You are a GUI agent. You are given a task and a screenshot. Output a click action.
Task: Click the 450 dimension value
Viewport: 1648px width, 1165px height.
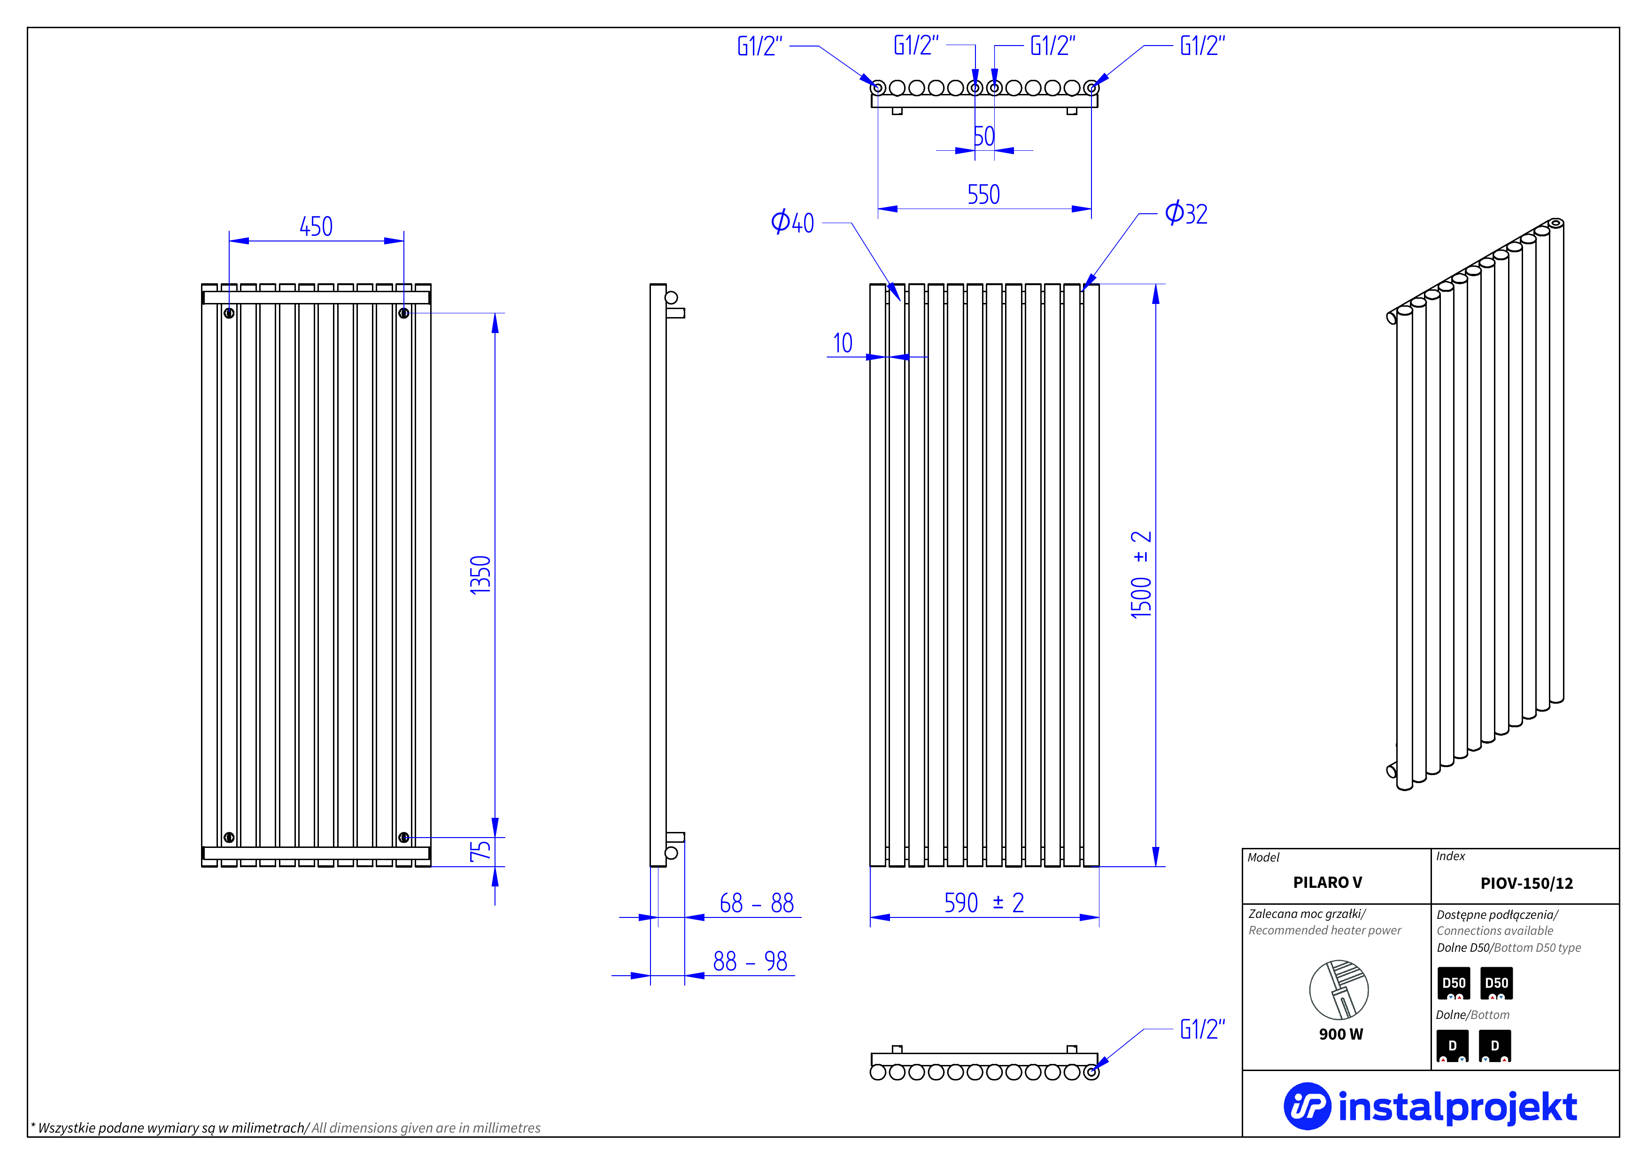[316, 227]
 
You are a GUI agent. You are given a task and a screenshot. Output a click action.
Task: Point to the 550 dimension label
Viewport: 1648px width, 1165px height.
[983, 194]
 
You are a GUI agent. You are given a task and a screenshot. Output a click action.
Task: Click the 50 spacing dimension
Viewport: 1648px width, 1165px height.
[984, 136]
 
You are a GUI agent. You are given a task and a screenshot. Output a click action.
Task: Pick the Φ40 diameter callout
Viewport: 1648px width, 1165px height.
[792, 223]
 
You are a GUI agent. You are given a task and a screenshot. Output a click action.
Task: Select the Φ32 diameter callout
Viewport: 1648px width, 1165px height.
[1186, 214]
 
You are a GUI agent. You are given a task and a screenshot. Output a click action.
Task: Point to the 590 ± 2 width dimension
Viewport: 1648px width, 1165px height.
[984, 903]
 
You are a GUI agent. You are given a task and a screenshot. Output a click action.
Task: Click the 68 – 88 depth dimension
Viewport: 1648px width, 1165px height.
[757, 903]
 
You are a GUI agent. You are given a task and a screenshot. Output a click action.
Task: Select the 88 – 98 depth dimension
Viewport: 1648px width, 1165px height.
[750, 961]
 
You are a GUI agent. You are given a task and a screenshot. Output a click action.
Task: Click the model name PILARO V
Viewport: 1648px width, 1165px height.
[1327, 883]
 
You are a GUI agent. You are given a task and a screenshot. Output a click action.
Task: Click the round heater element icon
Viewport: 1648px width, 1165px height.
[1339, 990]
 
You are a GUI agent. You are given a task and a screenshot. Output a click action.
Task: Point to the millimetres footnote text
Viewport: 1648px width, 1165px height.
[286, 1128]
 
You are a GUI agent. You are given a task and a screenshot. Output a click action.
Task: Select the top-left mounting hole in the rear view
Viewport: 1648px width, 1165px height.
[229, 313]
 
